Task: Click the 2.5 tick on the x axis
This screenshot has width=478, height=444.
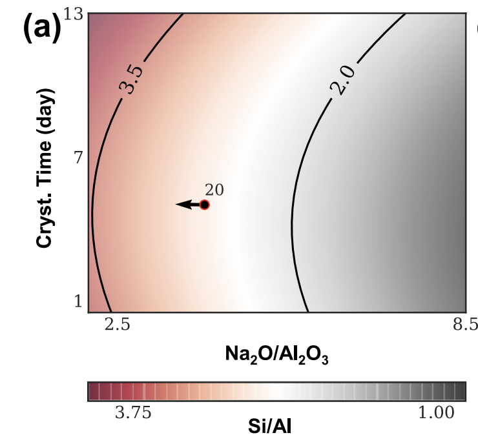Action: click(x=118, y=325)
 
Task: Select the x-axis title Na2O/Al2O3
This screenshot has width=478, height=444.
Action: click(x=276, y=354)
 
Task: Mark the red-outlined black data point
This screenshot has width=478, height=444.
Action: click(x=205, y=205)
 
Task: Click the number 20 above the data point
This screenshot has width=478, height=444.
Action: click(x=214, y=189)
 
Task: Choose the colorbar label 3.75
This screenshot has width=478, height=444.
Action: click(x=133, y=413)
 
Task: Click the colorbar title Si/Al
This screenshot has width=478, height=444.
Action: click(x=276, y=427)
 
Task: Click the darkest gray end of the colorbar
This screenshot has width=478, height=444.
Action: click(x=460, y=391)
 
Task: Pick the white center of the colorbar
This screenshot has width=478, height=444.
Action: click(x=276, y=391)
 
